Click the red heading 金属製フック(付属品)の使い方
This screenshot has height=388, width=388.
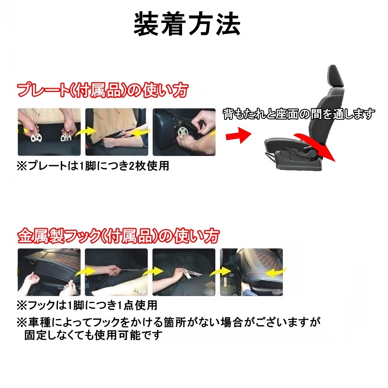tap(118, 235)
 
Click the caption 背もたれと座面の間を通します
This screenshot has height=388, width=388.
tap(299, 114)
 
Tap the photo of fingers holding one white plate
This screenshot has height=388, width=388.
tap(184, 132)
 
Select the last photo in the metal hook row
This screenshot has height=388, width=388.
tap(251, 272)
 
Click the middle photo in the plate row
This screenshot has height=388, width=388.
tap(116, 132)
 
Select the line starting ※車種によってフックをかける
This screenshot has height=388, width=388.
tap(169, 322)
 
